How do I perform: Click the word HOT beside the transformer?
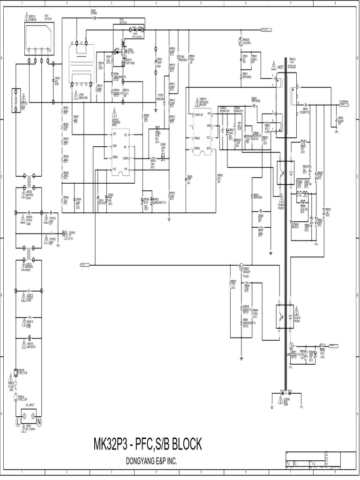pos(281,67)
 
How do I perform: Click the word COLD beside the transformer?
pos(292,67)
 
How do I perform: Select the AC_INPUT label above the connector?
pos(30,404)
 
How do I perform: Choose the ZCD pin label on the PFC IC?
pos(114,134)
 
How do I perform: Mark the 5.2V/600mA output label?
pos(346,101)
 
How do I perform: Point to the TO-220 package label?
pos(246,277)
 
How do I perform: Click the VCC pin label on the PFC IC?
pos(114,169)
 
